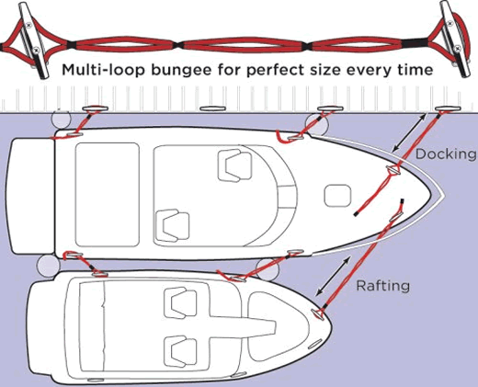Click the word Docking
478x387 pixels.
[447, 154]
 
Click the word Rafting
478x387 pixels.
[383, 286]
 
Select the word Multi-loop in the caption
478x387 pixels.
[103, 70]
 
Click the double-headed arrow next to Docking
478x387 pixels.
[409, 132]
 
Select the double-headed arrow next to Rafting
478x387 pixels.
[333, 276]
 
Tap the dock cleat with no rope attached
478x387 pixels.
[212, 108]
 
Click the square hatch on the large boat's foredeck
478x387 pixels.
[337, 196]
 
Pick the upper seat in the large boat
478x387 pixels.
[234, 165]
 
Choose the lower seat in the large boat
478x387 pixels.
[173, 226]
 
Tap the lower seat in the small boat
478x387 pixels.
[180, 351]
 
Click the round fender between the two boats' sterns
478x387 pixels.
[48, 266]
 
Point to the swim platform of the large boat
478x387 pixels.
[30, 196]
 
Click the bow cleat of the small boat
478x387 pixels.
[317, 314]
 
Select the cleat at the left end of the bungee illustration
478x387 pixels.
[33, 39]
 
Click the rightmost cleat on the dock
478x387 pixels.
[448, 108]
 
